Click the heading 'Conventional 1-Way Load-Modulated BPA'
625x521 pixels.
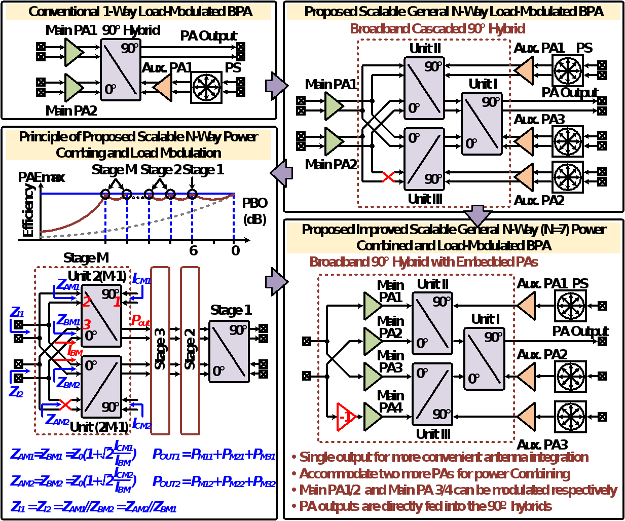tap(140, 12)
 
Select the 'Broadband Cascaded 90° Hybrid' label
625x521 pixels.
tap(437, 29)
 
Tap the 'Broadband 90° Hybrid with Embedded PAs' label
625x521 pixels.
tap(423, 262)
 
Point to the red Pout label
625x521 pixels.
tap(140, 320)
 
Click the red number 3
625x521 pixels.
tap(87, 324)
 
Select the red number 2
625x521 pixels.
tap(86, 302)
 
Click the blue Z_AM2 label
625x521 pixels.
tap(57, 420)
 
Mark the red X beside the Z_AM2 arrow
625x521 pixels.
tap(65, 404)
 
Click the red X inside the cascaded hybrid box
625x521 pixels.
tap(388, 177)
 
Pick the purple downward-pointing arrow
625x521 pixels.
tap(477, 215)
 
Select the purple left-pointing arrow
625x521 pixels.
tap(282, 173)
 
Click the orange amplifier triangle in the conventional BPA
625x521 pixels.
tap(163, 87)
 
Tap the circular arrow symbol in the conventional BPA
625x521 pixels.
tap(206, 87)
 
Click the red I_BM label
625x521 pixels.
tap(75, 350)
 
